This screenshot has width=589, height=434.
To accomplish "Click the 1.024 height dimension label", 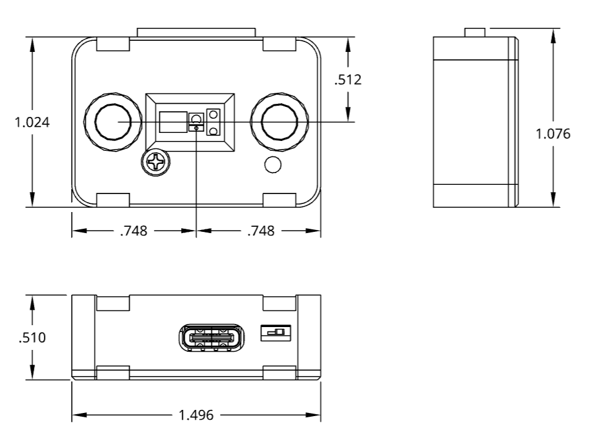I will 32,122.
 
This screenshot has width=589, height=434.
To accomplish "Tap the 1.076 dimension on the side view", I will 553,133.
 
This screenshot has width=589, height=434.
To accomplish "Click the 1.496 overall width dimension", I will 196,415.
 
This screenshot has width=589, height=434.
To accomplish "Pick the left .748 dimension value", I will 134,231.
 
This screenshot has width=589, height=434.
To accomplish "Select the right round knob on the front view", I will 279,122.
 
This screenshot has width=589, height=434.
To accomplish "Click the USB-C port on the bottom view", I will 210,338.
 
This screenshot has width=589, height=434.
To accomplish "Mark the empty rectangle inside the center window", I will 172,122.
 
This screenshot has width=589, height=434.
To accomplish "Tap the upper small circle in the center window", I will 213,115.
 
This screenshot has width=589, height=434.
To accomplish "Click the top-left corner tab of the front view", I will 113,44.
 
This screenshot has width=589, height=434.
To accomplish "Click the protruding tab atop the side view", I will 475,32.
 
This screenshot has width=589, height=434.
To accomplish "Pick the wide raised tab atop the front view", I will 196,32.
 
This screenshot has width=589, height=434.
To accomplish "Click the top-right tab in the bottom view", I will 280,303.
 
